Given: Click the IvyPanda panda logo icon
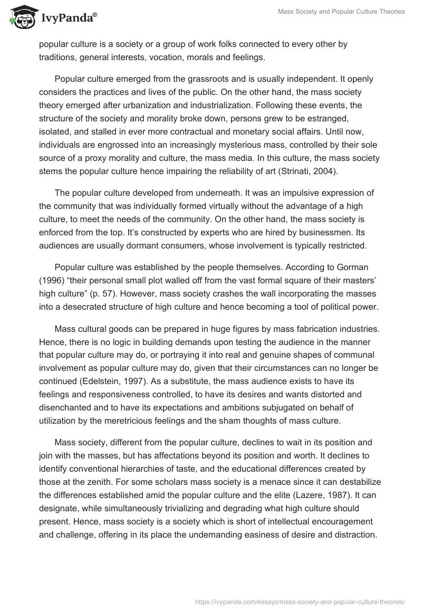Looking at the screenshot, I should point(21,17).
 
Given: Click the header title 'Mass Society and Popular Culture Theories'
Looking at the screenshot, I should point(341,11).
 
